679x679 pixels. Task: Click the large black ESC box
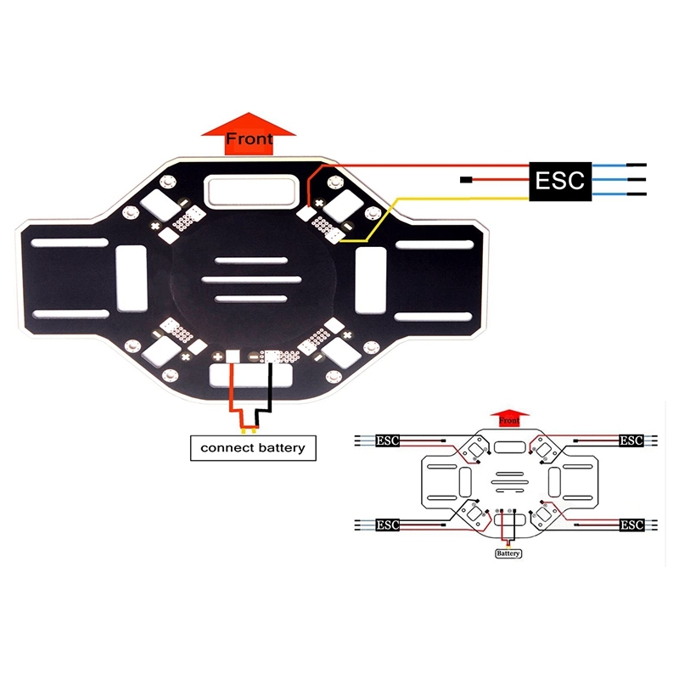coord(559,181)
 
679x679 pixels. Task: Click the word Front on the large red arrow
coord(250,138)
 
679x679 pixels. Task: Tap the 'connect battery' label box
coord(252,447)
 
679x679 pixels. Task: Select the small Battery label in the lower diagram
coord(508,553)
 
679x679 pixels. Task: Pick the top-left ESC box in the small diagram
coord(388,441)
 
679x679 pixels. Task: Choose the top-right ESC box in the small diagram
coord(631,441)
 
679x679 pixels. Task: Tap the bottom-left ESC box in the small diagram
coord(387,525)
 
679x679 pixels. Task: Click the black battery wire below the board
coord(270,390)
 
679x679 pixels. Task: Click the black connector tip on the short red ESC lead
coord(465,180)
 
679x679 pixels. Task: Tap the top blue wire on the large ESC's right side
coord(609,166)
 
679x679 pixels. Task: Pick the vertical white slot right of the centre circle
coord(370,278)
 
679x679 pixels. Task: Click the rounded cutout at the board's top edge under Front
coord(251,189)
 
